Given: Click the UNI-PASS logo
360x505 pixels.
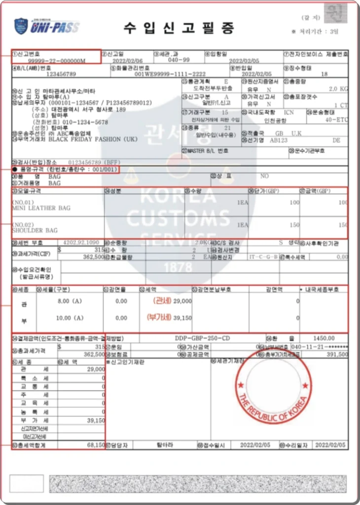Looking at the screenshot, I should tap(47, 26).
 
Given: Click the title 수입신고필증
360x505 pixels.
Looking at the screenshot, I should tap(179, 28).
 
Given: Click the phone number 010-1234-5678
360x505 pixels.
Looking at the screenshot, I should tap(83, 122).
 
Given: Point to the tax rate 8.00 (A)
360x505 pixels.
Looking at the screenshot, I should tap(69, 300).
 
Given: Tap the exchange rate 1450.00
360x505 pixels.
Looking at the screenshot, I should tap(324, 338).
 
